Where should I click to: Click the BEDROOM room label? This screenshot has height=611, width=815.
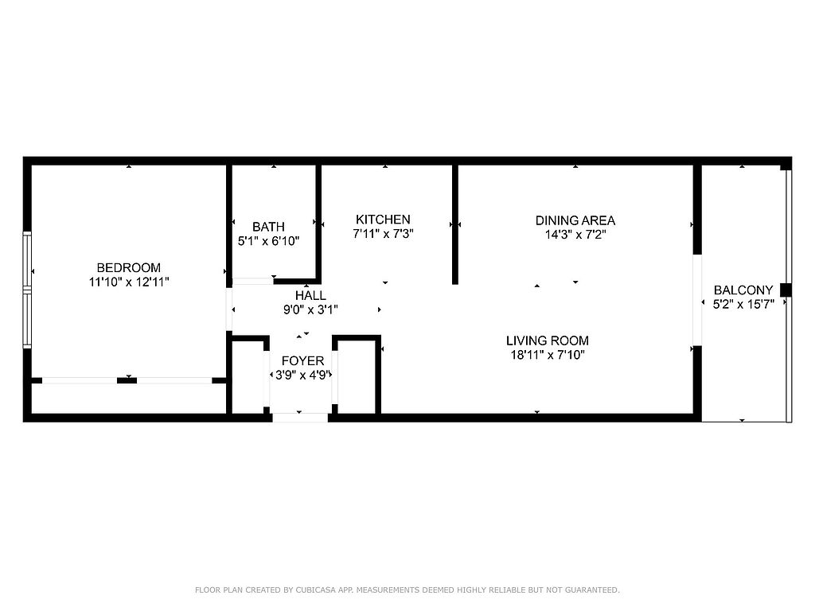point(128,267)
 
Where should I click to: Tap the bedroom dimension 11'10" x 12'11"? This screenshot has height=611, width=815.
point(129,282)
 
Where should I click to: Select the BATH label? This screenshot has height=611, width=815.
point(268,227)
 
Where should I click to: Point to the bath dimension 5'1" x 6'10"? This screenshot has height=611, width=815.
point(268,241)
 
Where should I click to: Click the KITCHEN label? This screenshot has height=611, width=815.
point(383,220)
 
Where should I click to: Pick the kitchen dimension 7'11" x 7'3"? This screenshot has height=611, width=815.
point(383,234)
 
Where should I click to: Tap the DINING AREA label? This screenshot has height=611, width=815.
point(575,220)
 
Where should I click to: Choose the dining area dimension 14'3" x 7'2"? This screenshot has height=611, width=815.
point(575,235)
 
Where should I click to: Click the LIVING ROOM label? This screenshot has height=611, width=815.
point(548,341)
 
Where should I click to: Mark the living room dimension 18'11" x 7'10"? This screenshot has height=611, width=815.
point(548,355)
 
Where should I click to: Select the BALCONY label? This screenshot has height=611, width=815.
point(743,290)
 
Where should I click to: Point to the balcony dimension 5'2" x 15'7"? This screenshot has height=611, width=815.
point(743,304)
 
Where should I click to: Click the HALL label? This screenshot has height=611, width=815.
point(311,296)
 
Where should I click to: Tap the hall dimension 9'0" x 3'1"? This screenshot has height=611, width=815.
point(311,309)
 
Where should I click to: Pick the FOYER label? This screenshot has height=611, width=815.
point(302,360)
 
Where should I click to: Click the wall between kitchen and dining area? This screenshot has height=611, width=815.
point(454,224)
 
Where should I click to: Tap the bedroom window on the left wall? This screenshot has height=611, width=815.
point(27,290)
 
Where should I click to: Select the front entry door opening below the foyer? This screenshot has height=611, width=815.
point(300,418)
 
